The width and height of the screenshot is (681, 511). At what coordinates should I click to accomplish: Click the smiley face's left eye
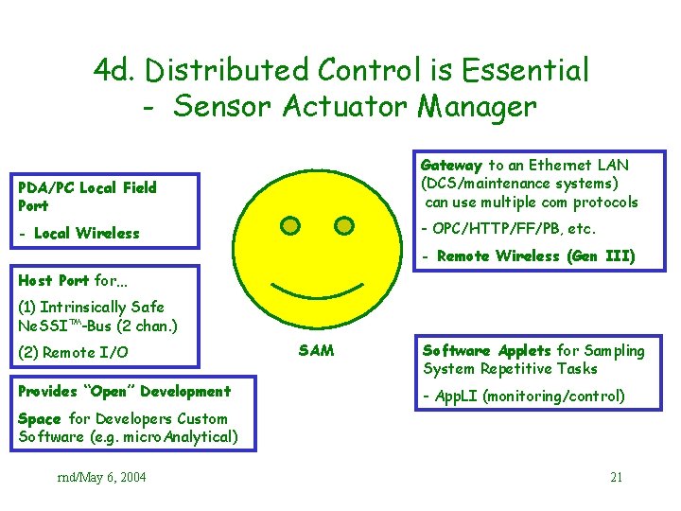[291, 225]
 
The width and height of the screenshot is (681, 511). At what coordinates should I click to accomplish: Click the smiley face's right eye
[344, 225]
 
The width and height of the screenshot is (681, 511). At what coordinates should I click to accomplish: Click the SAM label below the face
[316, 350]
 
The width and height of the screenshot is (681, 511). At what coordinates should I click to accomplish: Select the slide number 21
[616, 477]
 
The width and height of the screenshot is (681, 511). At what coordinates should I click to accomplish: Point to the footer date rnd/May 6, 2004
[102, 477]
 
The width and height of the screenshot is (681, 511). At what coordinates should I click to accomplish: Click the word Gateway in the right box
[452, 165]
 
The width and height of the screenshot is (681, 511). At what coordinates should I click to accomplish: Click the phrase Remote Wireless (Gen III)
[535, 256]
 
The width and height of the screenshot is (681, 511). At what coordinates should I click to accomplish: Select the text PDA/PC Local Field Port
[87, 196]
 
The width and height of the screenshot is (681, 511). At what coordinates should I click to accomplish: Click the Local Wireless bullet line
[79, 233]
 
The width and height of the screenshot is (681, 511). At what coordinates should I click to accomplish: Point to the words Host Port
[54, 280]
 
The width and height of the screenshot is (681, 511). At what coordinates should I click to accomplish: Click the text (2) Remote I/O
[74, 353]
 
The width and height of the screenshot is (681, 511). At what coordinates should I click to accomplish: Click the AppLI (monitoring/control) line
[523, 396]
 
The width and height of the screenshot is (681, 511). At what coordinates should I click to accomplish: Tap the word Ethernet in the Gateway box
[564, 165]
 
